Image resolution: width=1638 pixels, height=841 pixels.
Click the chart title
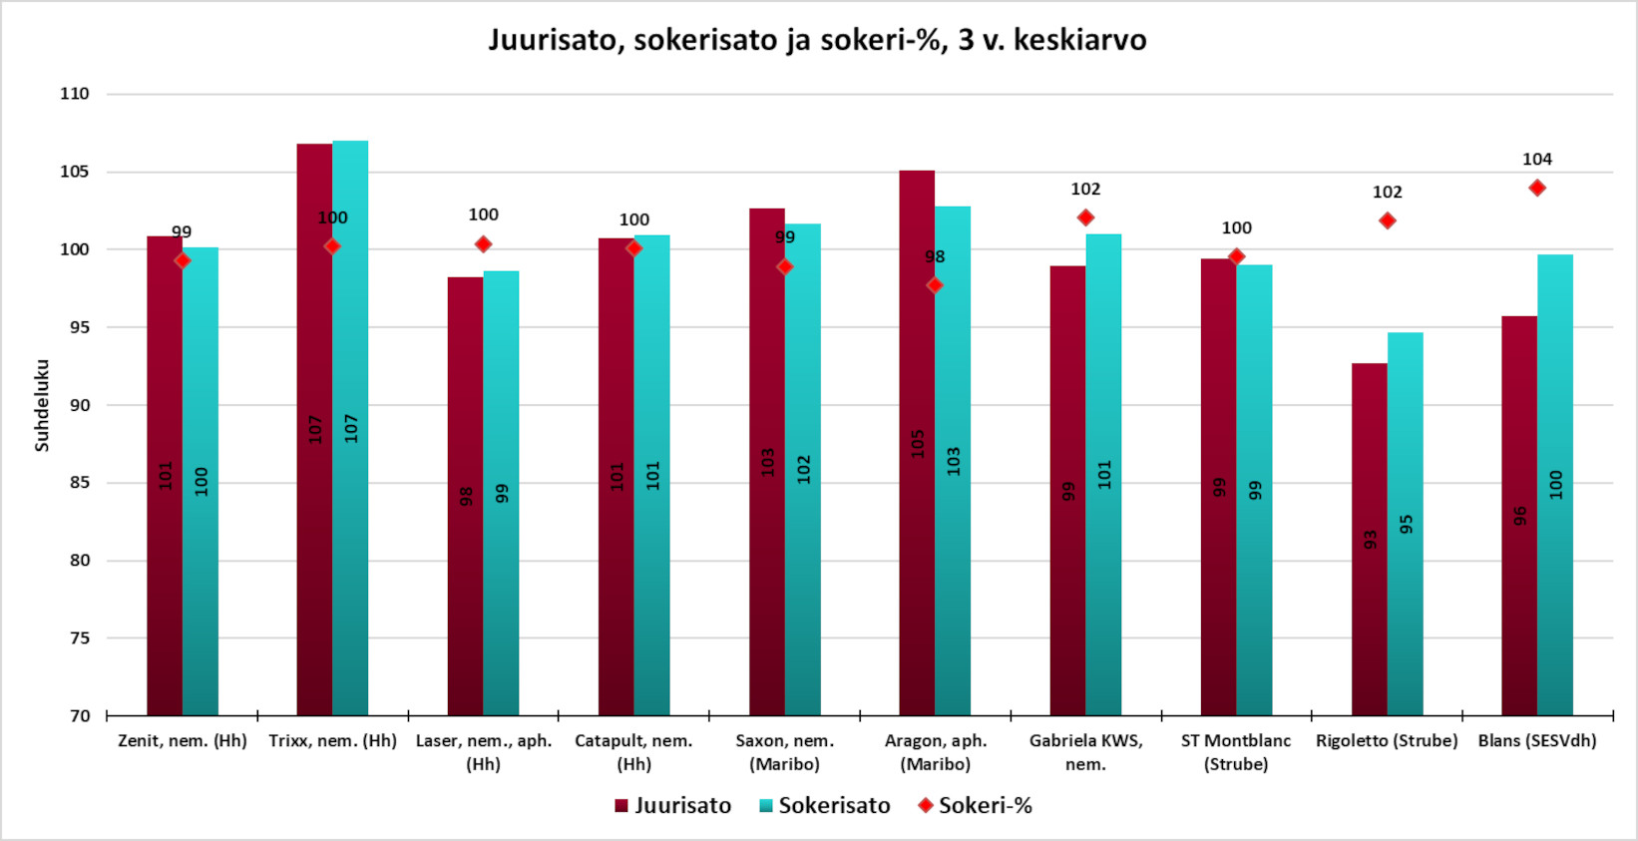pyautogui.click(x=817, y=40)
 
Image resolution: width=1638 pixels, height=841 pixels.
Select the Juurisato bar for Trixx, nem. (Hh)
pyautogui.click(x=314, y=429)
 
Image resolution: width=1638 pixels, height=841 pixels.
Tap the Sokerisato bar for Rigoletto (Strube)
pyautogui.click(x=1405, y=524)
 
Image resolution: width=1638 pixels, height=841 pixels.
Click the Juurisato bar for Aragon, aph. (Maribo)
pyautogui.click(x=917, y=443)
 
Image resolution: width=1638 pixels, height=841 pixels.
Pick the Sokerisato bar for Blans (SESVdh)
pyautogui.click(x=1554, y=485)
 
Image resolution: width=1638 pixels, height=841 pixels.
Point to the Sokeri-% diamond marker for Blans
pyautogui.click(x=1537, y=188)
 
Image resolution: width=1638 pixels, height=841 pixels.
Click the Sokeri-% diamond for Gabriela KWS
pyautogui.click(x=1085, y=217)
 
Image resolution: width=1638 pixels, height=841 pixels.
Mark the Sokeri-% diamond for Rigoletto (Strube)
pyautogui.click(x=1387, y=220)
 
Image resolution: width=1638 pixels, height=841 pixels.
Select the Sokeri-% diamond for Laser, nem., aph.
pyautogui.click(x=483, y=244)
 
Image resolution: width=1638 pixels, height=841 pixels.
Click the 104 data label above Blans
pyautogui.click(x=1537, y=160)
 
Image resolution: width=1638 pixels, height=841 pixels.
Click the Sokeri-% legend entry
pyautogui.click(x=975, y=805)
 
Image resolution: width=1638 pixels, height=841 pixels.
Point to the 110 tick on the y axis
pyautogui.click(x=75, y=94)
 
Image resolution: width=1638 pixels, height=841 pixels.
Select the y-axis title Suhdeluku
pyautogui.click(x=42, y=405)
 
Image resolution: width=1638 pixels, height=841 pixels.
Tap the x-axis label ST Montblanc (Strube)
pyautogui.click(x=1236, y=752)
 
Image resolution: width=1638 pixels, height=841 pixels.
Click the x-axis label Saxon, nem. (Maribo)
pyautogui.click(x=785, y=752)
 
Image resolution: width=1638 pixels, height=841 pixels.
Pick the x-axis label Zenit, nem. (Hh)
pyautogui.click(x=183, y=741)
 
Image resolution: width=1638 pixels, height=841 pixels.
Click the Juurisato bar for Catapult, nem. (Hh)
pyautogui.click(x=615, y=477)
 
